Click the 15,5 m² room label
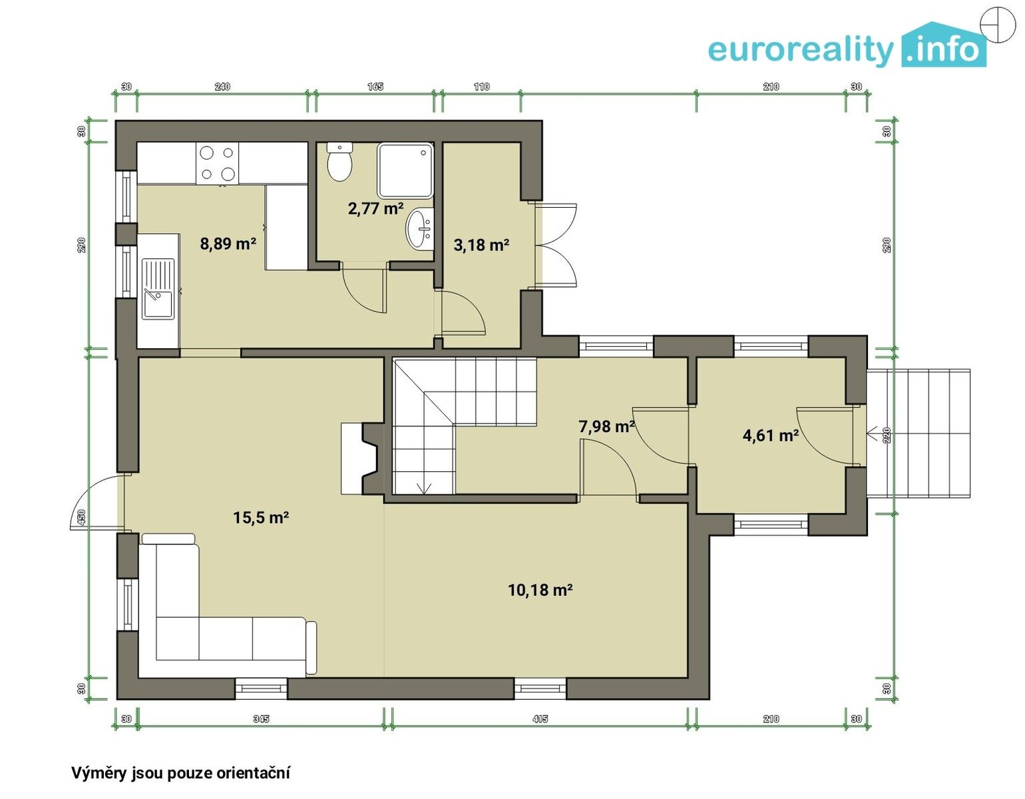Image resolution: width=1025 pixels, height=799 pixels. [261, 518]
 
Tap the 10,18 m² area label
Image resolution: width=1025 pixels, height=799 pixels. [540, 589]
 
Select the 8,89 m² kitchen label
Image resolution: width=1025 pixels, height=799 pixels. [228, 244]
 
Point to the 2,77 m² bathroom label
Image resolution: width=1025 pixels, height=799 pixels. [375, 208]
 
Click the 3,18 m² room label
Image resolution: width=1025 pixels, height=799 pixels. [481, 245]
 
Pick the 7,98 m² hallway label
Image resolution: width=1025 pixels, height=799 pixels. [606, 426]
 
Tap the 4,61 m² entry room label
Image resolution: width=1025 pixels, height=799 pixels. [770, 435]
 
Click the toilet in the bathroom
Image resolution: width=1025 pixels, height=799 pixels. [339, 162]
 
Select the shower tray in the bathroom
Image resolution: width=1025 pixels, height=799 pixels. [405, 170]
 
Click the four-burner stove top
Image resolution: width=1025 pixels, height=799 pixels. [218, 164]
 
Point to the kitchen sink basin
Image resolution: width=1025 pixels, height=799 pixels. [158, 304]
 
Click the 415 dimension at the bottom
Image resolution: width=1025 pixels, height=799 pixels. [540, 719]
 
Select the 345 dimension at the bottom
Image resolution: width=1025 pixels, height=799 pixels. [261, 719]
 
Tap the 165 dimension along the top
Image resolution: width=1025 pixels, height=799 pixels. [375, 87]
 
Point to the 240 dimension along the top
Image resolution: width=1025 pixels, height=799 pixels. [222, 87]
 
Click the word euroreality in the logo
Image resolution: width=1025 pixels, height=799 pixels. [801, 51]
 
